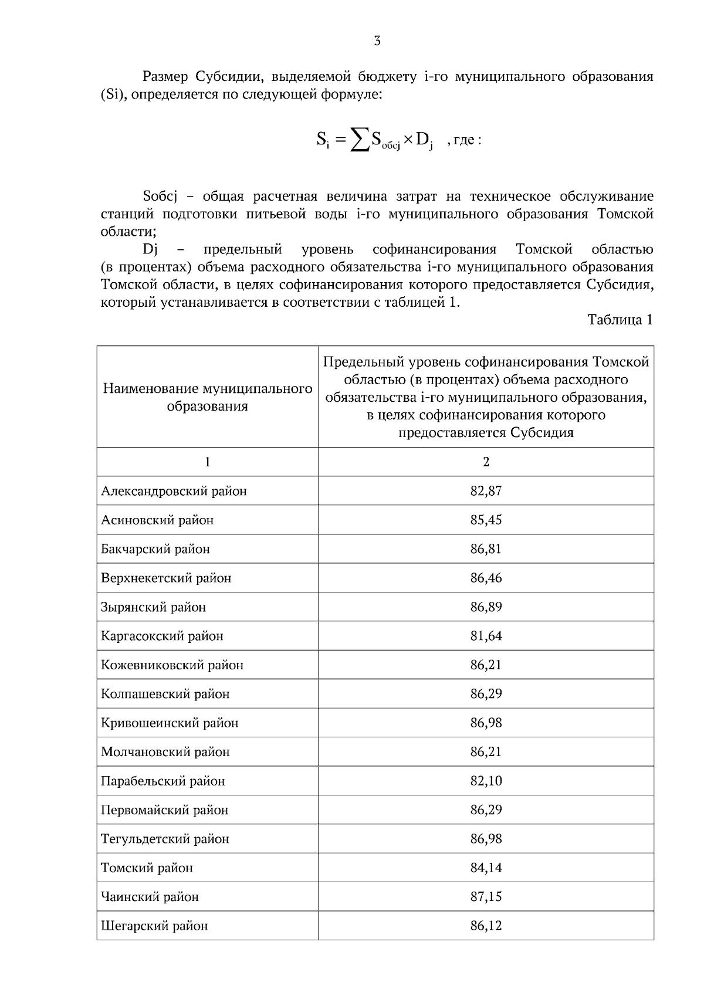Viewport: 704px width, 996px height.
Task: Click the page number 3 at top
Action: [377, 41]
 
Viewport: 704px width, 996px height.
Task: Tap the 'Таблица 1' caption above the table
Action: [620, 320]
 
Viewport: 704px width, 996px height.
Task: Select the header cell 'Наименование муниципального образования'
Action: [207, 397]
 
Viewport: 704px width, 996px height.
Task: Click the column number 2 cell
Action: [486, 462]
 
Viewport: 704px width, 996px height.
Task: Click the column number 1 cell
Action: [207, 462]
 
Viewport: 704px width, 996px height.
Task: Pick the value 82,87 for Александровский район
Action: [486, 491]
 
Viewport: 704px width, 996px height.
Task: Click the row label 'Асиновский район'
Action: [157, 520]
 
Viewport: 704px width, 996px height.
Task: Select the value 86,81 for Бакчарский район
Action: [486, 549]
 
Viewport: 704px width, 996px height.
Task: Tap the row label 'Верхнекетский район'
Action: [166, 578]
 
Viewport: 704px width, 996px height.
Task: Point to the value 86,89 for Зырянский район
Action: [486, 607]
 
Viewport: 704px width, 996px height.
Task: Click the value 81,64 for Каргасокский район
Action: [486, 636]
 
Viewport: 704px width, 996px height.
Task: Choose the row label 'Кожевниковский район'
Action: [172, 665]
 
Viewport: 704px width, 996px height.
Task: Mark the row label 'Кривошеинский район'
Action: [170, 723]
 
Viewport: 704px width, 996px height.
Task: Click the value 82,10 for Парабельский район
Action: [486, 781]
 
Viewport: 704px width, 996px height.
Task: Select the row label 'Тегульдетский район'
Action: [165, 839]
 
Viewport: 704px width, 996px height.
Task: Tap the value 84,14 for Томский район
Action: [486, 868]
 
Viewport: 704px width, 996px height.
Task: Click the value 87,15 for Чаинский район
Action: [486, 896]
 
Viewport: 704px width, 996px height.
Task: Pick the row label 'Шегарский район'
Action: [154, 926]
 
